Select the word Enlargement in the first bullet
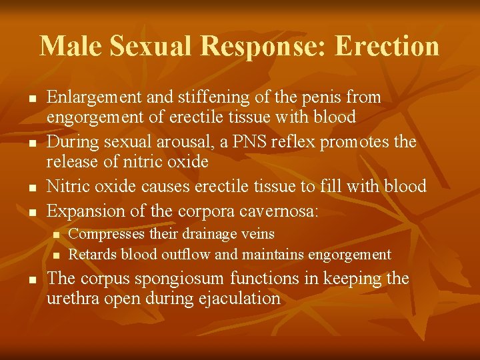click(95, 97)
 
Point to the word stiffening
click(203, 97)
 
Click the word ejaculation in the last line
click(240, 299)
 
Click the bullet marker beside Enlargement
click(31, 98)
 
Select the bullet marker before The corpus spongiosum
click(31, 279)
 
